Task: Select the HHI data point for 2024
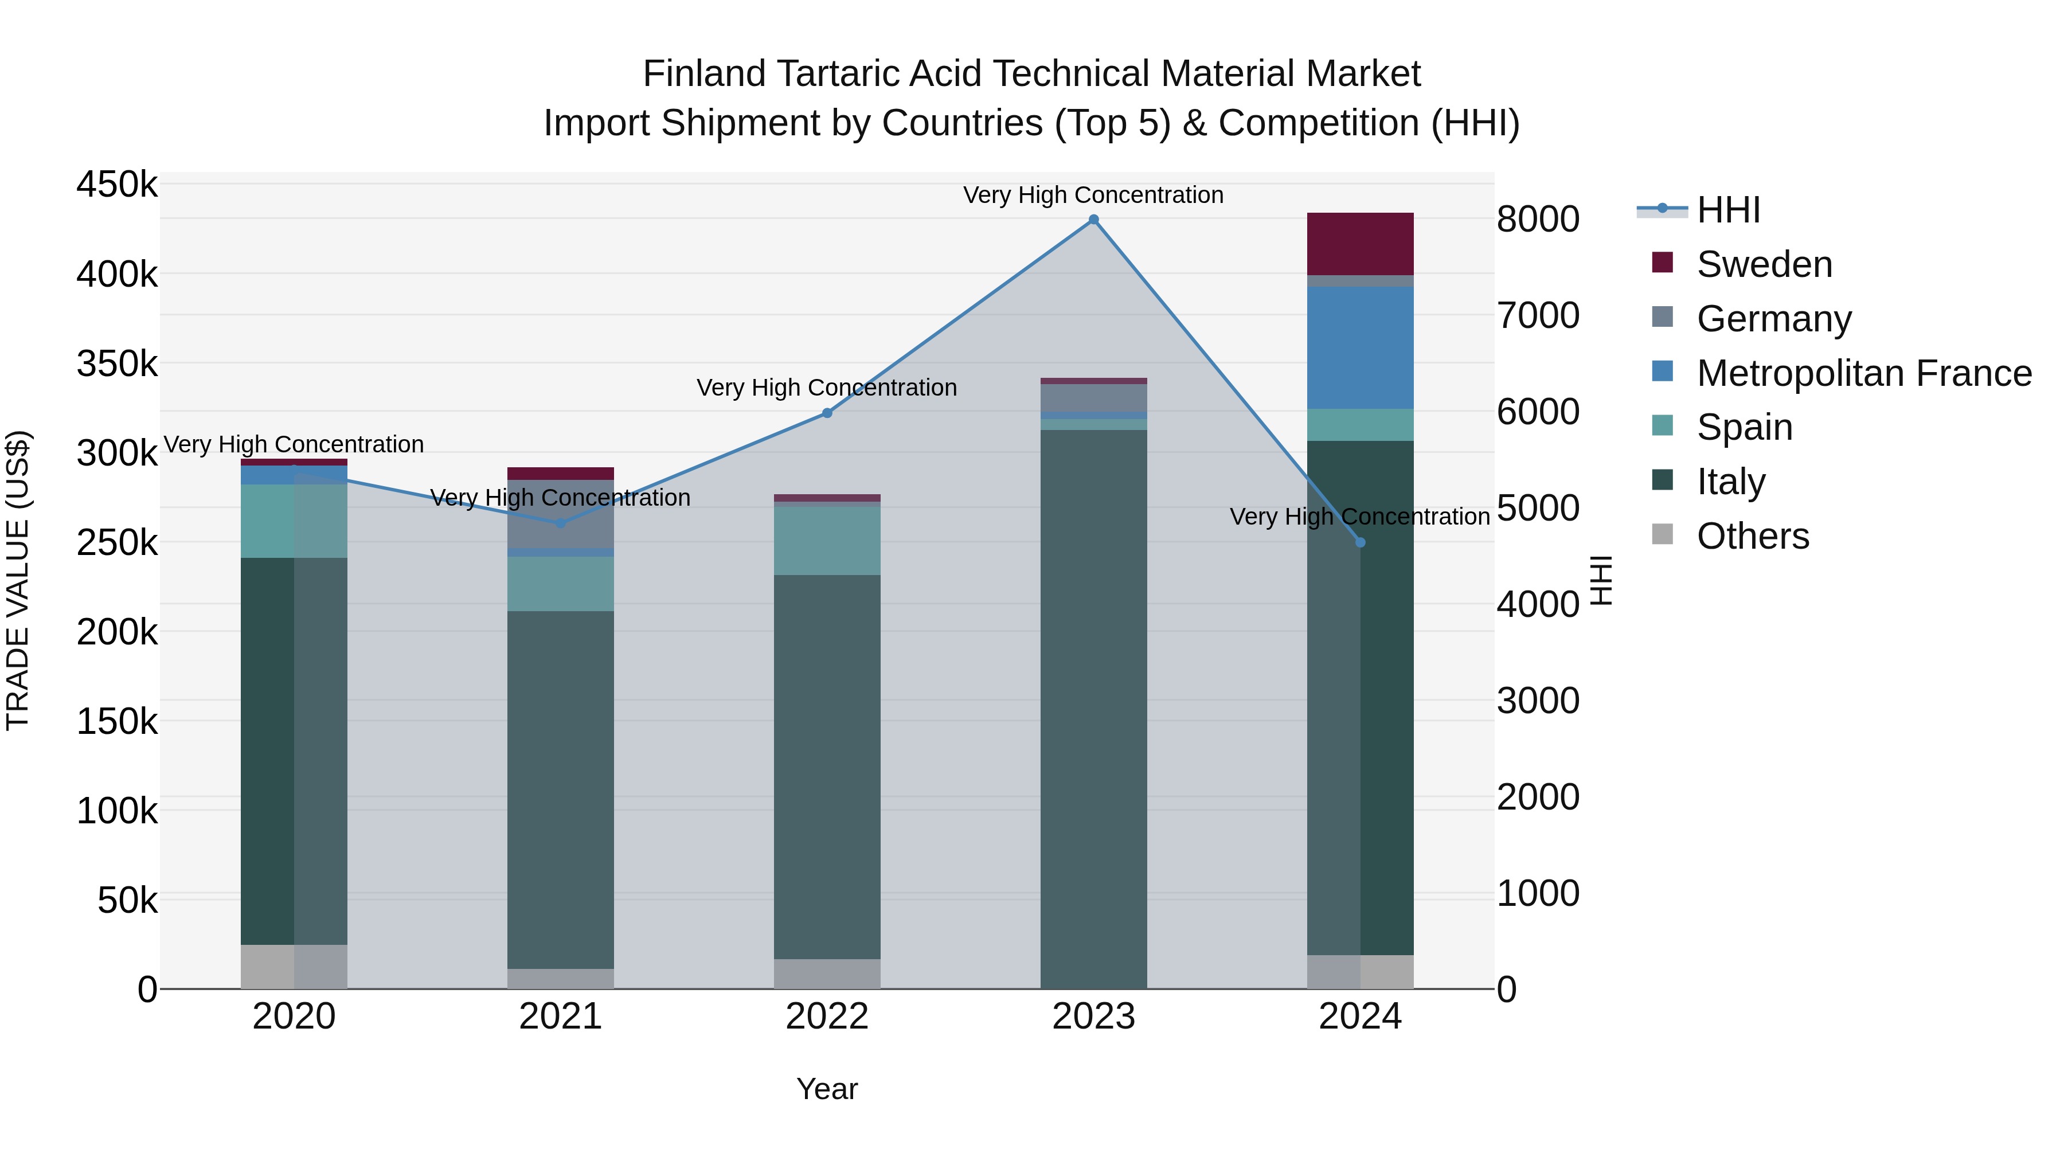(1360, 542)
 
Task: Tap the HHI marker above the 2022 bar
(827, 413)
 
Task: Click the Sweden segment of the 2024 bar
(1360, 244)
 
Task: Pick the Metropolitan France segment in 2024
(1360, 348)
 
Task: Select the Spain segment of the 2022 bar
(827, 540)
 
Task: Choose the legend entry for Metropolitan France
(1864, 373)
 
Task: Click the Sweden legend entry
(1764, 264)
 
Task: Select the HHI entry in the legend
(1727, 210)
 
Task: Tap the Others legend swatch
(1663, 534)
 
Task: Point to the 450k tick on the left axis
(117, 184)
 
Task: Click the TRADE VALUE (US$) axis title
(18, 580)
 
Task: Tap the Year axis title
(827, 1089)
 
